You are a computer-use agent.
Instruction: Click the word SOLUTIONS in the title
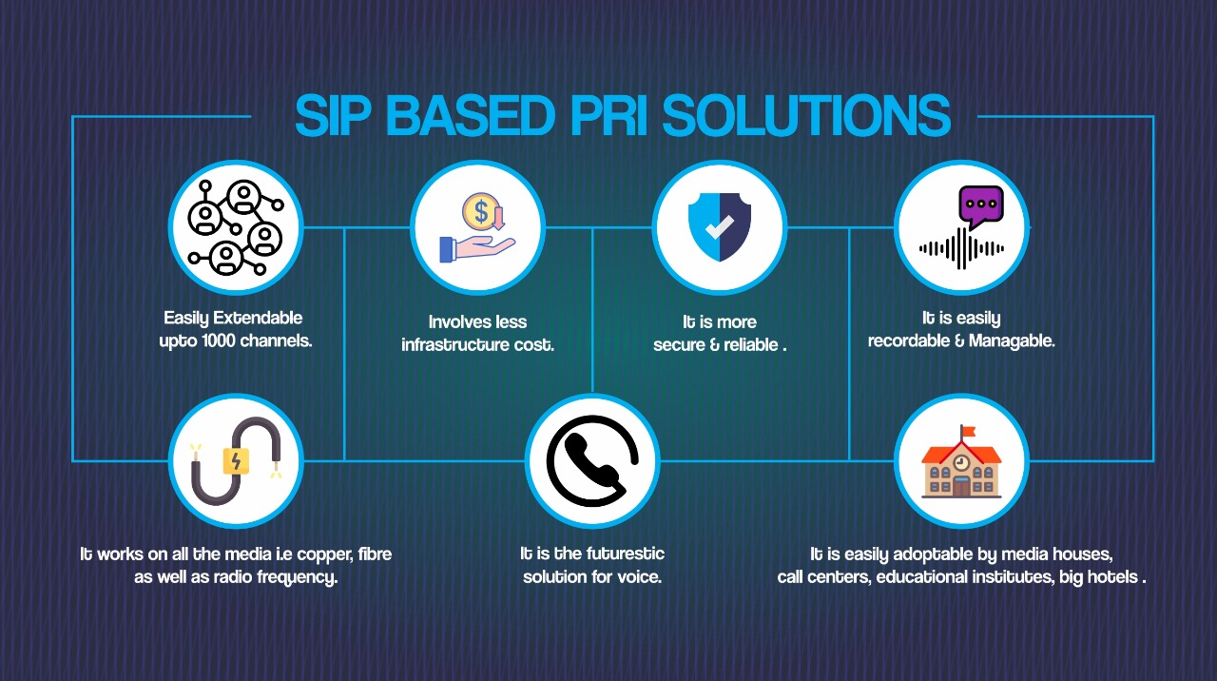click(806, 115)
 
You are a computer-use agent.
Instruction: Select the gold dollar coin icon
click(480, 211)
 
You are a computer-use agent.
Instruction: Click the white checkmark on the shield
click(720, 226)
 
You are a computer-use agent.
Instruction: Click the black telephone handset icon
click(592, 462)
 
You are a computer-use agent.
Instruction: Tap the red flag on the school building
click(968, 432)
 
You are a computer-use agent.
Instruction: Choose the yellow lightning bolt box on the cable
click(237, 461)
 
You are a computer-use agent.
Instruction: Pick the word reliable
click(751, 344)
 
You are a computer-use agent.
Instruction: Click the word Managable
click(1012, 340)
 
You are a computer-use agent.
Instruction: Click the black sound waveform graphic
click(961, 249)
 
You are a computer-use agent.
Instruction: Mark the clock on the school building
click(961, 462)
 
